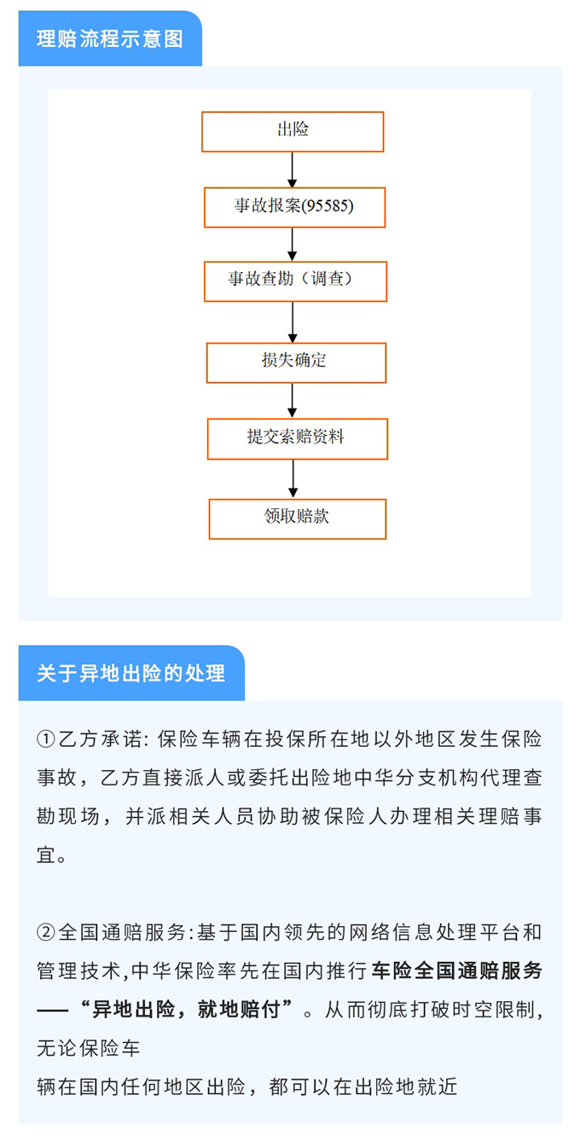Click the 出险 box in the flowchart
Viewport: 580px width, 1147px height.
pos(293,131)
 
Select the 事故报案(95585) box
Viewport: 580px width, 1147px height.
pos(294,207)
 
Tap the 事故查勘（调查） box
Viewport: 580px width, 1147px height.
pos(295,281)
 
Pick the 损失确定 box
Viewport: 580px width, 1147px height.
pos(296,363)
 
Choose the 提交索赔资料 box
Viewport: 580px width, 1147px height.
pos(297,439)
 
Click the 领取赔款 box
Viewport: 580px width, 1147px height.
pos(297,519)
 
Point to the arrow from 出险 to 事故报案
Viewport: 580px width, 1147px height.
pos(292,170)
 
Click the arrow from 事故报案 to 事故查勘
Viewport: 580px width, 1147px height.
pos(292,244)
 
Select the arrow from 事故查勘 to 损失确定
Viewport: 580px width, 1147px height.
pos(293,322)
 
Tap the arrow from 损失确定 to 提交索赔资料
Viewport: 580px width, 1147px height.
pos(292,401)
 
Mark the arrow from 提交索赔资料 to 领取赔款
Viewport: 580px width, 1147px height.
pos(293,479)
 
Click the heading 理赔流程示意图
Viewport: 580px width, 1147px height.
pos(110,39)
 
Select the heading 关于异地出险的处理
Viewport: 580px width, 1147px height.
pos(130,673)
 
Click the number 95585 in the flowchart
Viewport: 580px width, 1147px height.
pos(328,206)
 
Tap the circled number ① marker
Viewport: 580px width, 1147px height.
pos(45,739)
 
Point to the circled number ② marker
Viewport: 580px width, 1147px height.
pos(45,932)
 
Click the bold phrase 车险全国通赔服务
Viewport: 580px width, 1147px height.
pos(456,970)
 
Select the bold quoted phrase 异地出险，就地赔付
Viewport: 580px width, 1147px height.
pos(186,1009)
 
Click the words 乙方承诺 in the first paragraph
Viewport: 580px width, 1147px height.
pos(100,739)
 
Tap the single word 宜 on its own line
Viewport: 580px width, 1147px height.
pos(46,854)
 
